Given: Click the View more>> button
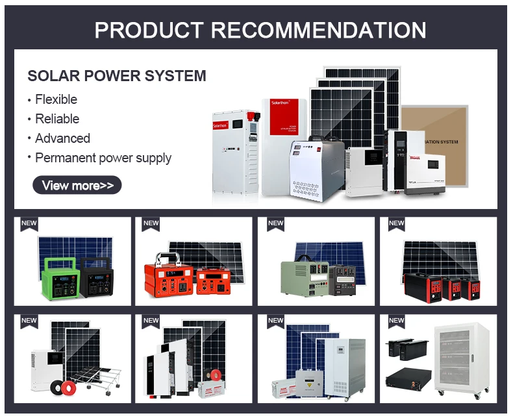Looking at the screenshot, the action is coord(77,186).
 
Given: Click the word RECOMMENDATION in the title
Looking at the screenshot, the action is coord(319,30).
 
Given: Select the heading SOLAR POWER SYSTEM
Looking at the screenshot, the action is coord(117,76).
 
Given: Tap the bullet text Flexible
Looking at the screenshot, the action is coord(56,99).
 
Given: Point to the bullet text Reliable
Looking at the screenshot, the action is coord(57,119).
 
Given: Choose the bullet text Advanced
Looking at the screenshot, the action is coord(62,138).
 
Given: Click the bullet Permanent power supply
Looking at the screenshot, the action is coord(103,158).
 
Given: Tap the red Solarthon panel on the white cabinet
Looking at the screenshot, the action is coord(284,109).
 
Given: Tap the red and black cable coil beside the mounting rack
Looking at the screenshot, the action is coord(69,388).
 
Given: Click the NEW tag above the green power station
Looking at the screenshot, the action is coord(29,223).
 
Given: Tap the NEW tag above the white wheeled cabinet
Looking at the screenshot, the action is coord(396,321).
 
